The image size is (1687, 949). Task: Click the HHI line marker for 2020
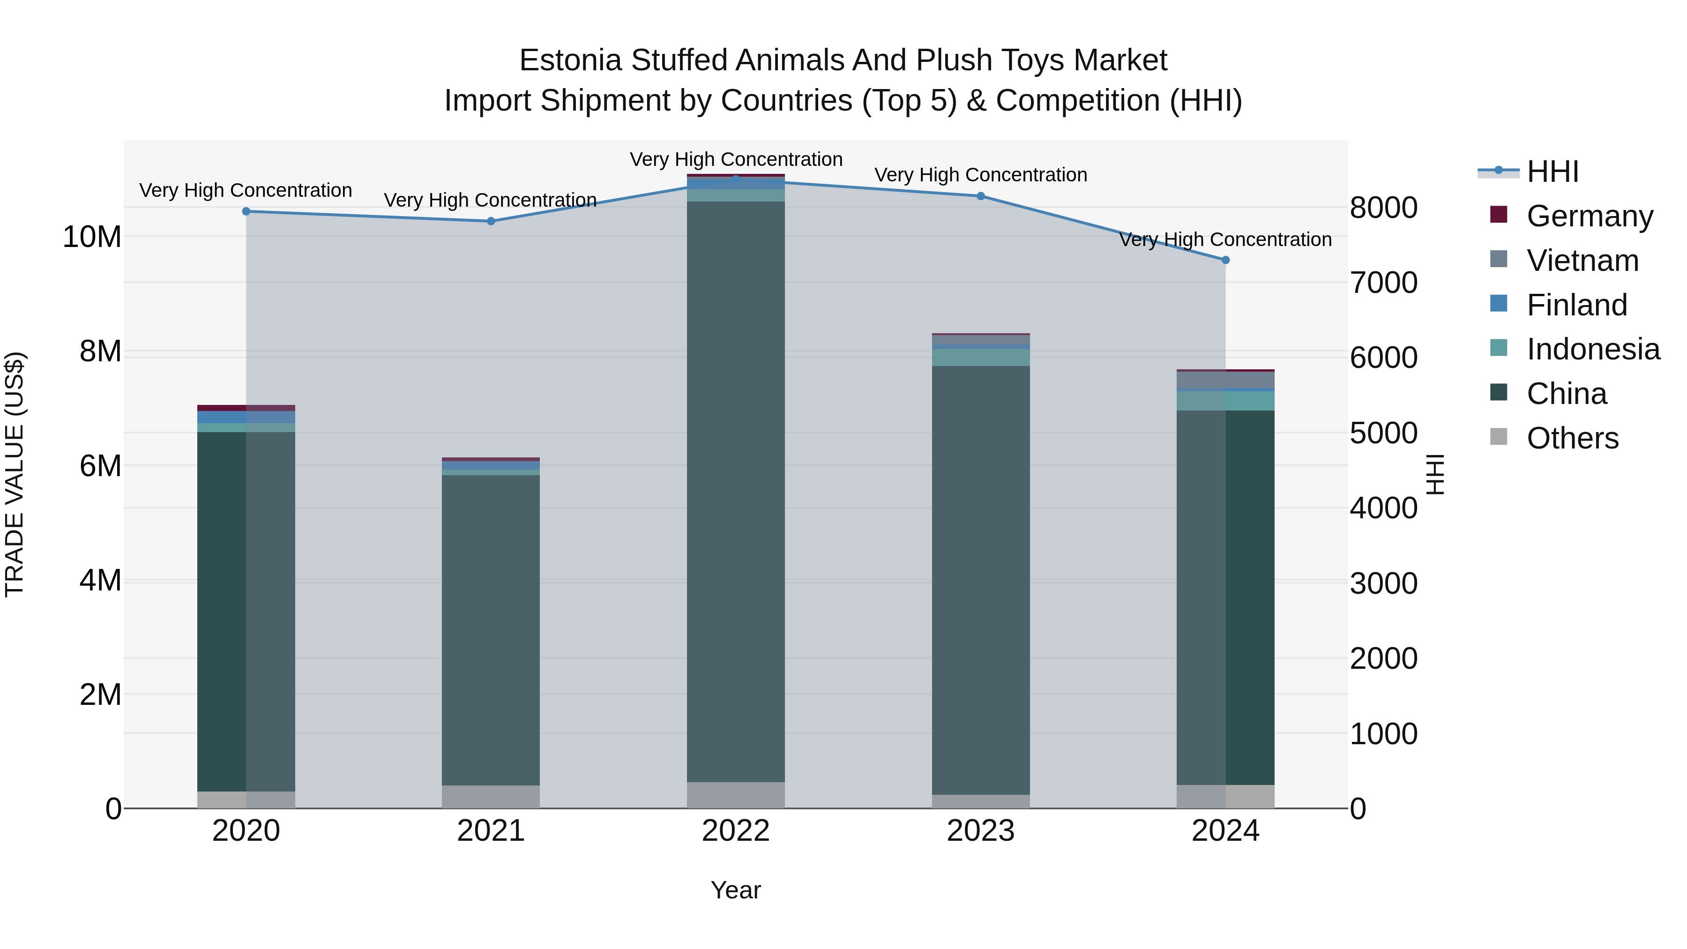(246, 211)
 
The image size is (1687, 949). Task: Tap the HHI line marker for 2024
(1225, 260)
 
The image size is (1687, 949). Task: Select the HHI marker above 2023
(980, 196)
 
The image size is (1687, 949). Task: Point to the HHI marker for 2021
(491, 221)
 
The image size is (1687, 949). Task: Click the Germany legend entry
(1590, 216)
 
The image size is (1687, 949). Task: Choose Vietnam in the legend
(1582, 261)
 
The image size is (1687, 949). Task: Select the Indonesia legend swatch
(1499, 348)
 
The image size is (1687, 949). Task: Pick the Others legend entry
(1572, 438)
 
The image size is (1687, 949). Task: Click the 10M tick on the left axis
(92, 237)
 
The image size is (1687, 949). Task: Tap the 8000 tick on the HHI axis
(1383, 208)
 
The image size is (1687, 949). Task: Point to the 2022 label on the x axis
(735, 831)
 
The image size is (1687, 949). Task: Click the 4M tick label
(100, 580)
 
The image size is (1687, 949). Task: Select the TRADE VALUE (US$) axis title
(15, 474)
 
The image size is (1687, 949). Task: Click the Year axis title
(735, 890)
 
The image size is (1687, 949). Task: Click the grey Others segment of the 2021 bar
(491, 796)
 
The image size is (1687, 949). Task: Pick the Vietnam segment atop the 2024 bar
(1225, 380)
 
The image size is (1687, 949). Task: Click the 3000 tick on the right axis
(1383, 583)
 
